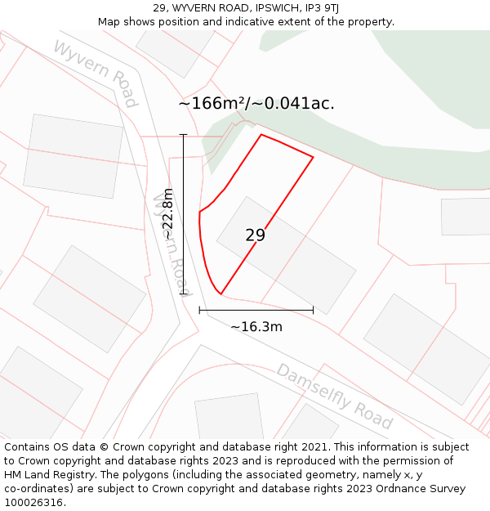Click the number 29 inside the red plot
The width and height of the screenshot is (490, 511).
pyautogui.click(x=255, y=235)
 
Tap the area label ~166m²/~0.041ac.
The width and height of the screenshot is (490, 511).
pyautogui.click(x=256, y=104)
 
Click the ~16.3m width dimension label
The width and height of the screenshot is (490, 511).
pyautogui.click(x=256, y=327)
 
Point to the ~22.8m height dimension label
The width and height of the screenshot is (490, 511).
pyautogui.click(x=167, y=214)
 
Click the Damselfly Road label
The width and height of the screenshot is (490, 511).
pyautogui.click(x=334, y=396)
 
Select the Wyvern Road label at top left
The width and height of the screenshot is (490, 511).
pyautogui.click(x=96, y=72)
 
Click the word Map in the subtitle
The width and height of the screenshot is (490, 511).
pyautogui.click(x=109, y=22)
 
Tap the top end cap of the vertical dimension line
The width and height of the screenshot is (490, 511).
pyautogui.click(x=183, y=135)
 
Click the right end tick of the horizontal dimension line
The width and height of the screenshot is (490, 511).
pyautogui.click(x=313, y=310)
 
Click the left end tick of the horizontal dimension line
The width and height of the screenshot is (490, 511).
pyautogui.click(x=199, y=310)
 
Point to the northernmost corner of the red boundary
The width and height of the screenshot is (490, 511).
pyautogui.click(x=261, y=134)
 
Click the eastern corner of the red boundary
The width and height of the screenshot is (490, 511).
pyautogui.click(x=313, y=157)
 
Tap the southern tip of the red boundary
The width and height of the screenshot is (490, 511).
pyautogui.click(x=220, y=294)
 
